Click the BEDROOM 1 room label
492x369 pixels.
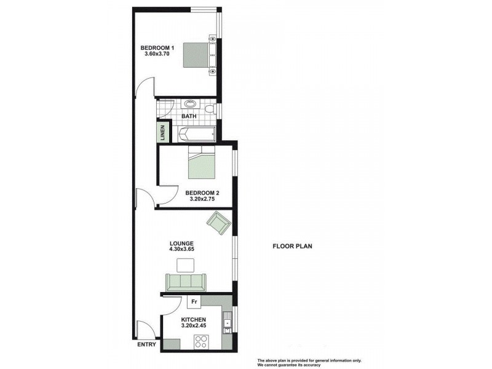tap(157, 48)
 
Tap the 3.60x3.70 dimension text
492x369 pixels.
tap(157, 54)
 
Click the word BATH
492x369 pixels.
tap(188, 116)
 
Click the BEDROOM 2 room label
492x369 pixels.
tap(202, 192)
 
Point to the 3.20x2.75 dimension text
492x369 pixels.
tap(202, 199)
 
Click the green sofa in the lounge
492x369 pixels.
tap(185, 282)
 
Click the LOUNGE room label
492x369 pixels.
tap(182, 243)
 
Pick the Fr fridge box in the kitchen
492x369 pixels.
tap(194, 302)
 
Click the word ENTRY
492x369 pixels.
tap(147, 344)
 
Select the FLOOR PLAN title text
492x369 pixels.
tap(293, 247)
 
